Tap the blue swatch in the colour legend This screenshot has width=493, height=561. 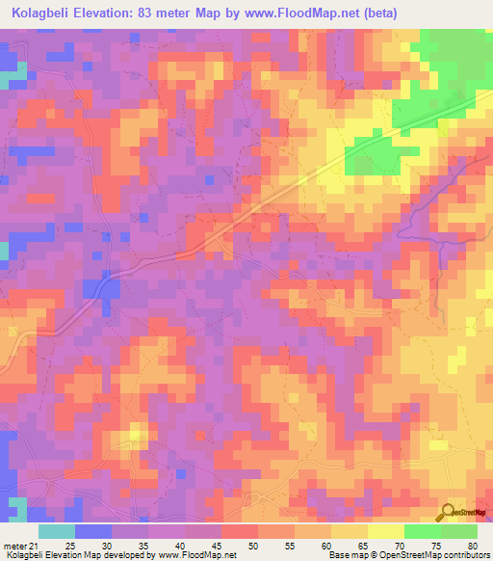(x=93, y=531)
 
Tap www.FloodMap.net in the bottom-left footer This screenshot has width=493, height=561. (x=197, y=556)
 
